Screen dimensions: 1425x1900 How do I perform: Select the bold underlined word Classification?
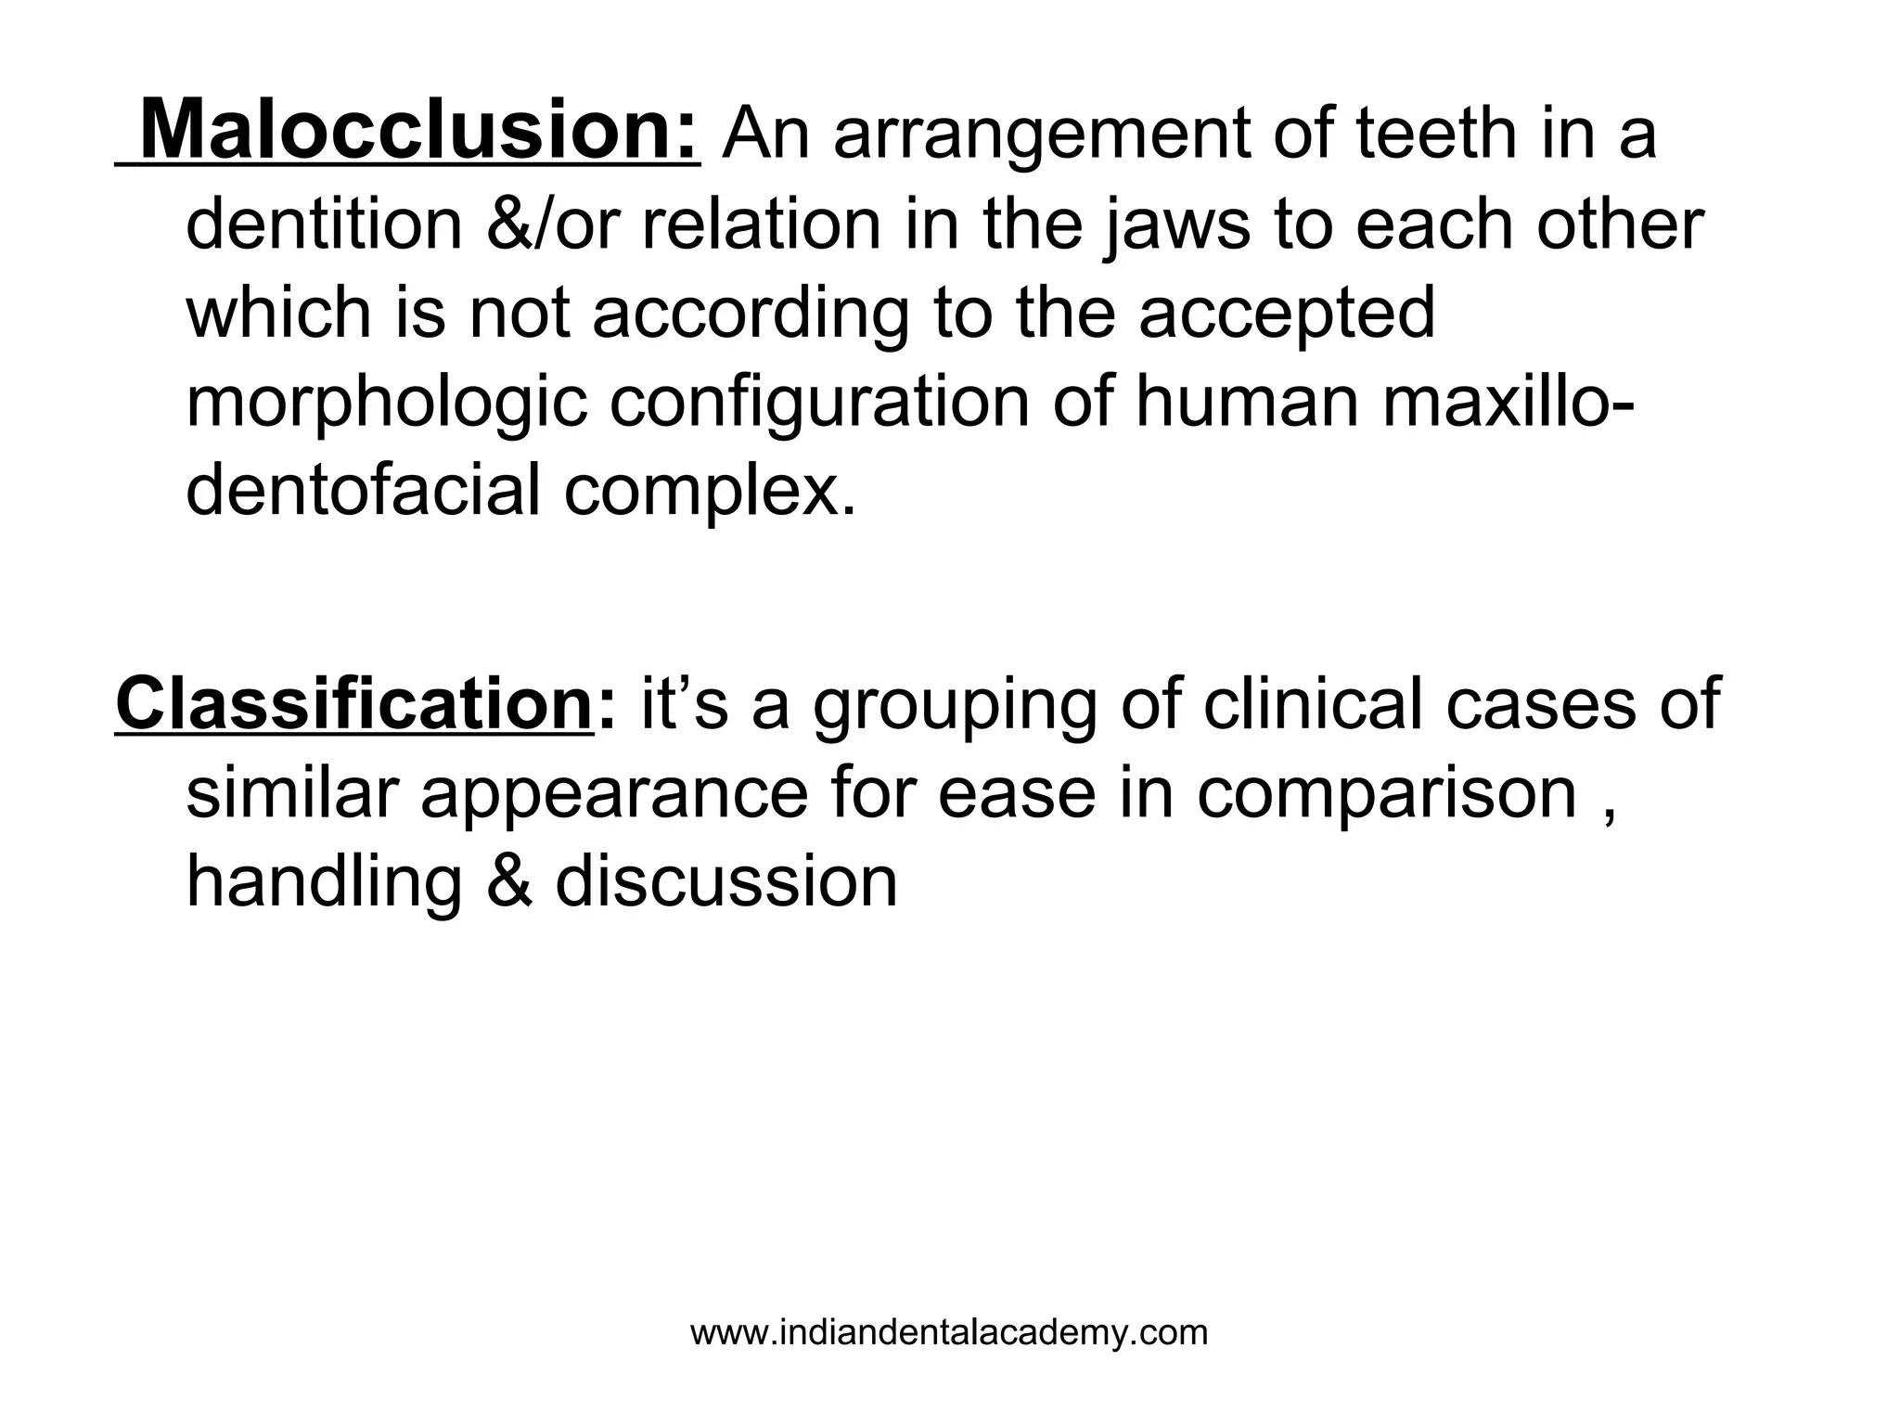[x=353, y=704]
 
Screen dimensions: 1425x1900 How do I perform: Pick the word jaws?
[x=1177, y=228]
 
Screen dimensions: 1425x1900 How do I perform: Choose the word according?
[x=750, y=316]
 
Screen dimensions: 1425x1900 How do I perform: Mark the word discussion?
[x=726, y=882]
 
